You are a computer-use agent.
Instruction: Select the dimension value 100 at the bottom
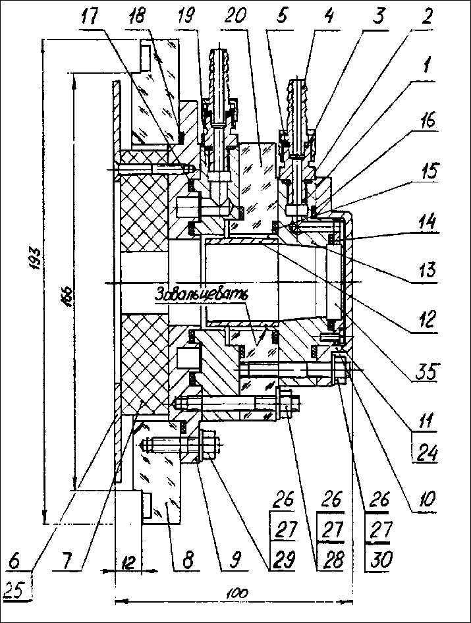pyautogui.click(x=232, y=593)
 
